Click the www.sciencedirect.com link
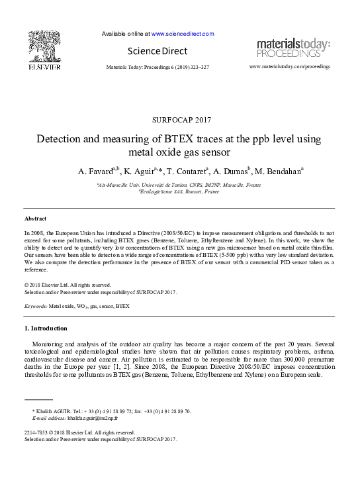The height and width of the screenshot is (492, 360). click(183, 33)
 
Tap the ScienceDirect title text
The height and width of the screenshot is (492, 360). click(158, 51)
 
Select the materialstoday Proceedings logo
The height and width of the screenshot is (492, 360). click(293, 48)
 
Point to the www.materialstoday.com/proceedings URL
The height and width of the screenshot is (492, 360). click(289, 67)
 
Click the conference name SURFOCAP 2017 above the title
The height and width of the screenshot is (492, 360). click(179, 120)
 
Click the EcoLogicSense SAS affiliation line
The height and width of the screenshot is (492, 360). click(179, 191)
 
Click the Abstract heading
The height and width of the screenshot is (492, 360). click(35, 218)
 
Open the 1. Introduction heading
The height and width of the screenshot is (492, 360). click(46, 328)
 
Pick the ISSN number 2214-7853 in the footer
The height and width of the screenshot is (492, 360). click(37, 433)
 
